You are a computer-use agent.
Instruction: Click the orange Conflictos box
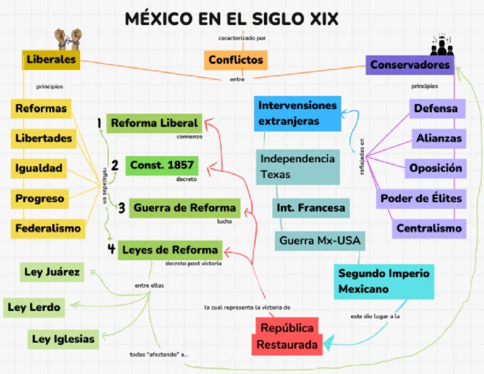pyautogui.click(x=235, y=60)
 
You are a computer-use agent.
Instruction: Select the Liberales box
pyautogui.click(x=51, y=60)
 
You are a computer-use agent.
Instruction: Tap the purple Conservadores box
pyautogui.click(x=410, y=65)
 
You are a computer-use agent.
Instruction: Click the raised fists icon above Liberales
pyautogui.click(x=68, y=39)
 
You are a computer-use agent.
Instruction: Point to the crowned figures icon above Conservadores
pyautogui.click(x=442, y=45)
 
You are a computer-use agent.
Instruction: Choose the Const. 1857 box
pyautogui.click(x=162, y=165)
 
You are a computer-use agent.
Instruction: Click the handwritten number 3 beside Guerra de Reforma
pyautogui.click(x=121, y=208)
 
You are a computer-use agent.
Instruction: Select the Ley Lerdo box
pyautogui.click(x=34, y=308)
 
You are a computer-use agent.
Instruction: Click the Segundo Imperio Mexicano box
pyautogui.click(x=384, y=281)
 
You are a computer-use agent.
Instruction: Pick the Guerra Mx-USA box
pyautogui.click(x=320, y=241)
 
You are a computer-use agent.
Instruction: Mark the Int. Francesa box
pyautogui.click(x=311, y=208)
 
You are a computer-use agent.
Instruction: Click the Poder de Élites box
pyautogui.click(x=421, y=199)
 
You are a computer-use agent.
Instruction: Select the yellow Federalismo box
pyautogui.click(x=48, y=228)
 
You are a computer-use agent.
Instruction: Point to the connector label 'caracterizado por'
pyautogui.click(x=242, y=38)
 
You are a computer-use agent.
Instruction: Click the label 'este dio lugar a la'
pyautogui.click(x=375, y=317)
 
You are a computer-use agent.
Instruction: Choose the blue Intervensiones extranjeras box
pyautogui.click(x=298, y=113)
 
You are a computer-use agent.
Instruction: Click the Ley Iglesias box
pyautogui.click(x=63, y=339)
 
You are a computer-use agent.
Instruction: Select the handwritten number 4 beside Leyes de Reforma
pyautogui.click(x=111, y=249)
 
